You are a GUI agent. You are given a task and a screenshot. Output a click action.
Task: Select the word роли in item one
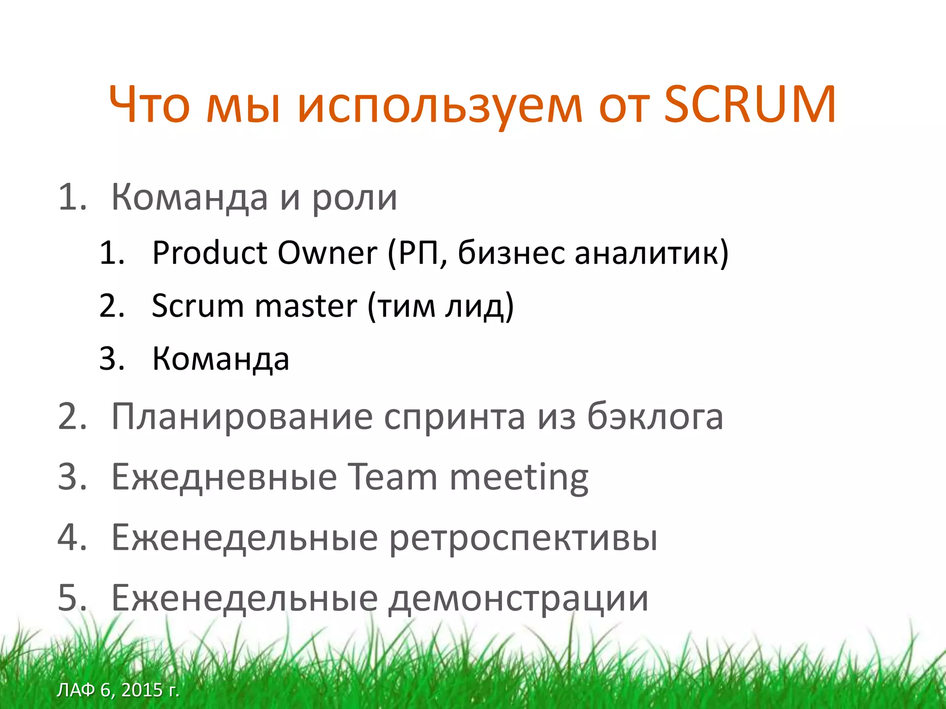pyautogui.click(x=354, y=198)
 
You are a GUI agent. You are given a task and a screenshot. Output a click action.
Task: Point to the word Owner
pyautogui.click(x=327, y=253)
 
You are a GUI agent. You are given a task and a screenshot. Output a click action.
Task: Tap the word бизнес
pyautogui.click(x=511, y=253)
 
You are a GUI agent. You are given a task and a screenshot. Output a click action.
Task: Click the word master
pyautogui.click(x=306, y=306)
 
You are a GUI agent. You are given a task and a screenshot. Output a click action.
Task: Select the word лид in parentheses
pyautogui.click(x=479, y=307)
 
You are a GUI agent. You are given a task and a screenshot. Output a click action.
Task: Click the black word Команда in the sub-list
pyautogui.click(x=221, y=359)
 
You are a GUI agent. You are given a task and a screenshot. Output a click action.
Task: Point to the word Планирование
pyautogui.click(x=242, y=417)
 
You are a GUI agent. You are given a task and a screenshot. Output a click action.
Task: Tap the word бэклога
pyautogui.click(x=655, y=417)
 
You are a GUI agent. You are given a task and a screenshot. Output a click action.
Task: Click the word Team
pyautogui.click(x=392, y=477)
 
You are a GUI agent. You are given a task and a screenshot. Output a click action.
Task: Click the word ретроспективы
pyautogui.click(x=523, y=538)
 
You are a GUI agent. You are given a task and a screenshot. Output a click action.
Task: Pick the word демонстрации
pyautogui.click(x=518, y=599)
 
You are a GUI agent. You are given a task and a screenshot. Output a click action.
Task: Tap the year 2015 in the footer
pyautogui.click(x=142, y=690)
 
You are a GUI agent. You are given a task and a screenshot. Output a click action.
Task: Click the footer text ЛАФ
pyautogui.click(x=76, y=690)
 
